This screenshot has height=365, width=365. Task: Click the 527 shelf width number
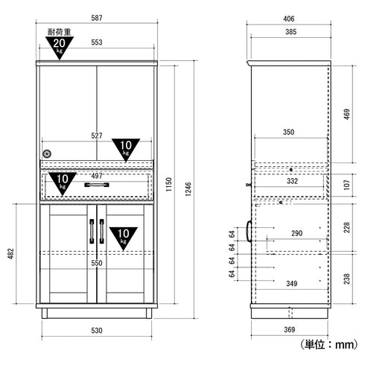[98, 136]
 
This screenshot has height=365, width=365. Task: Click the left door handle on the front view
[92, 233]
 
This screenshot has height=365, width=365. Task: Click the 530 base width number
[98, 331]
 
